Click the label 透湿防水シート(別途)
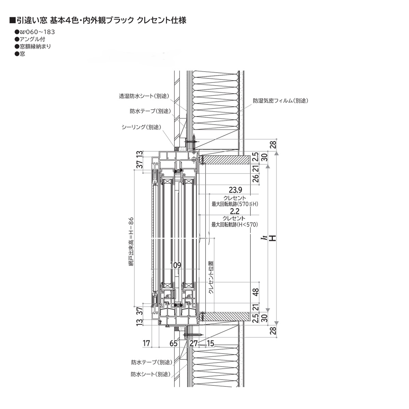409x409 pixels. (x=144, y=96)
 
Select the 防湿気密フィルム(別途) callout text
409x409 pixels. (x=280, y=101)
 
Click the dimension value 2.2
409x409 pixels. (x=235, y=212)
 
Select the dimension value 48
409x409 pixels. (x=256, y=292)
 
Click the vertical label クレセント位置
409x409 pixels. (x=211, y=278)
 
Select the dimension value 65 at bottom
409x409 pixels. (x=173, y=343)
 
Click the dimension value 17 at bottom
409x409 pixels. (x=146, y=343)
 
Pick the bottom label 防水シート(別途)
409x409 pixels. (x=150, y=374)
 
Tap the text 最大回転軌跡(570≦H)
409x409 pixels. (x=235, y=204)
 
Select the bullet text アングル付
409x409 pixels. (x=32, y=39)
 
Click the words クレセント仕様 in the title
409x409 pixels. (x=161, y=20)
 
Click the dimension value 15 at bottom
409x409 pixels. (x=210, y=343)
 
